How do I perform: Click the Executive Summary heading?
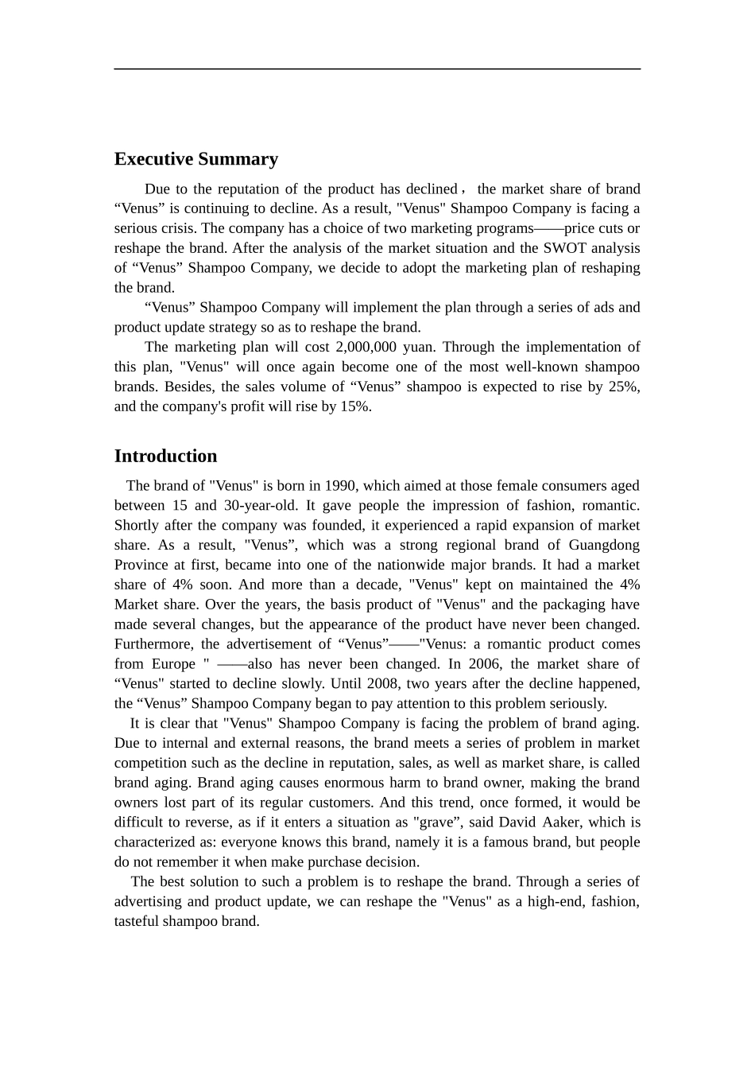point(196,159)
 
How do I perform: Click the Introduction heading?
point(165,456)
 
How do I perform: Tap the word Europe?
point(173,663)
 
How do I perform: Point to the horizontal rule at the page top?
point(377,69)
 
